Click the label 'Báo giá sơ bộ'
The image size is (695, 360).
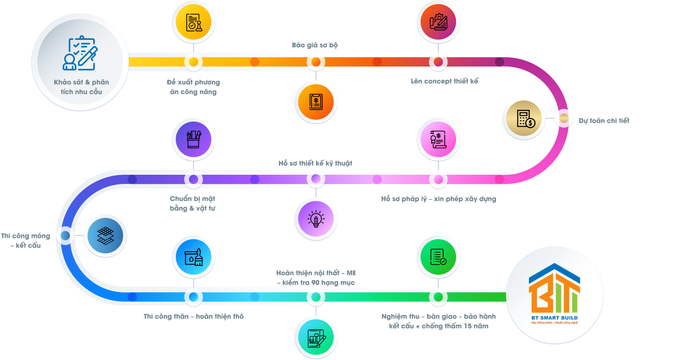315,45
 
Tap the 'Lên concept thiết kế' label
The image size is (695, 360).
444,81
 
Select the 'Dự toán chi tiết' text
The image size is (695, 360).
604,121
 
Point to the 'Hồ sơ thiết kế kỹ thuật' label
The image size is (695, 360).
315,163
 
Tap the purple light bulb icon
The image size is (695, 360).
316,219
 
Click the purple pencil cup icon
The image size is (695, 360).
193,139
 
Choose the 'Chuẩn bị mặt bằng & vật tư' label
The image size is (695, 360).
193,204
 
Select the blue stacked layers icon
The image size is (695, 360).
106,236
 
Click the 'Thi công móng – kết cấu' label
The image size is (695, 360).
26,241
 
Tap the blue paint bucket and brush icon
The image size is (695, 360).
193,257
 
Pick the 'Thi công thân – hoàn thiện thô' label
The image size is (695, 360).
193,316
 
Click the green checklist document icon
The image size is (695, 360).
438,257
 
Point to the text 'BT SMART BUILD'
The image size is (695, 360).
554,318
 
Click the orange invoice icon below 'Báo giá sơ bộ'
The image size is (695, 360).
316,102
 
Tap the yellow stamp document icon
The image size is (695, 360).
193,22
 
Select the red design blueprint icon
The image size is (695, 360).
438,22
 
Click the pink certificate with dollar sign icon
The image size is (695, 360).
438,139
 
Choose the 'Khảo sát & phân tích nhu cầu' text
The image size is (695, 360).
82,87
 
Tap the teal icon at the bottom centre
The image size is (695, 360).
316,338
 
